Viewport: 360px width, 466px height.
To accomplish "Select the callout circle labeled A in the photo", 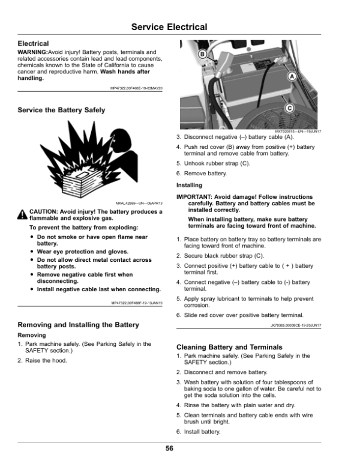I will click(x=291, y=77).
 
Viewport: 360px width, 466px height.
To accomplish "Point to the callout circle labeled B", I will click(x=202, y=55).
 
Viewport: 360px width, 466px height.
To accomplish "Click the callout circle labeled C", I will click(x=289, y=108).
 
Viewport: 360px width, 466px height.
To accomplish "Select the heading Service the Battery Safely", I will click(x=61, y=110).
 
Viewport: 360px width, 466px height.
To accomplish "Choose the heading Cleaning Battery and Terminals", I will click(x=229, y=347).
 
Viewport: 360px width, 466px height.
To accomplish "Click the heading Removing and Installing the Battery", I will click(x=79, y=325).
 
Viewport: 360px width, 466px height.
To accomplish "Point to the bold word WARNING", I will click(x=32, y=52).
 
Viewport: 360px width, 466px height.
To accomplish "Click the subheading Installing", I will click(x=189, y=186).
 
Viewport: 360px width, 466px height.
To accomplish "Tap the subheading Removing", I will click(x=31, y=334).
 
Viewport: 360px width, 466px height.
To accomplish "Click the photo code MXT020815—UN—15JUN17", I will click(x=298, y=132).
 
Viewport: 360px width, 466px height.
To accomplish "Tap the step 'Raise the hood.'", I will click(x=46, y=360).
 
